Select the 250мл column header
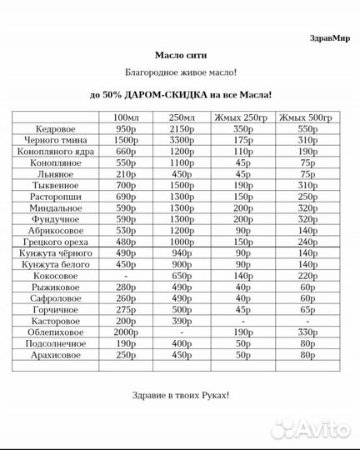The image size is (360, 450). coord(182,117)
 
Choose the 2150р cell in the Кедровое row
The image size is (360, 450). coord(182,129)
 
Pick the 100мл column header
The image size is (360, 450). coord(126,117)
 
